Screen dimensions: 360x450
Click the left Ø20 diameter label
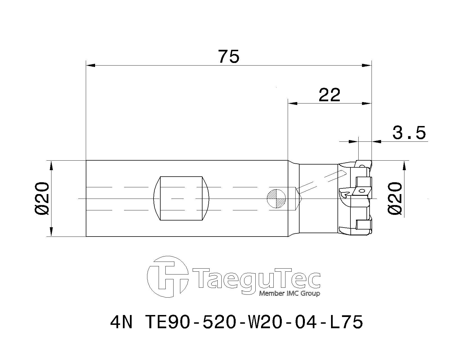[x=43, y=198]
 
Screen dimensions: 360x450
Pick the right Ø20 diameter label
[x=395, y=198]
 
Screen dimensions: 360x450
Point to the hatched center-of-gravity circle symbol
[x=277, y=198]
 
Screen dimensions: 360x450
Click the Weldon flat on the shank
[x=181, y=198]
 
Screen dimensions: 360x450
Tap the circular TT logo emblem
[x=168, y=277]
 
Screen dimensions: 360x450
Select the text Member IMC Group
[x=289, y=294]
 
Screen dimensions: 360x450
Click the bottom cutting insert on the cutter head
[x=363, y=225]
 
